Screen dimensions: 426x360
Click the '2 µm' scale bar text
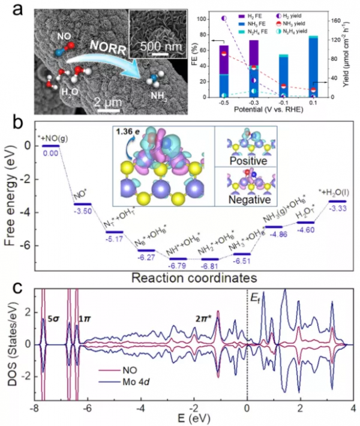click(x=110, y=103)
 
